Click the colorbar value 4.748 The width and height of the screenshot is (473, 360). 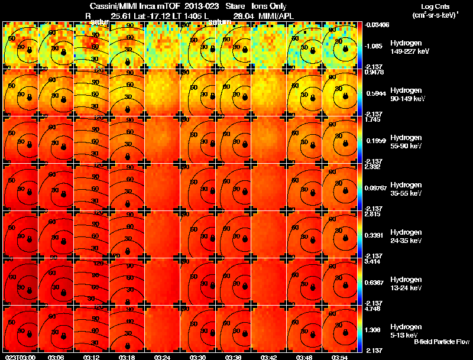[373, 309]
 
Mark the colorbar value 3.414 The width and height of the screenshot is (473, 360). [373, 261]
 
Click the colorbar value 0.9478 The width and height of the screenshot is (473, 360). [374, 73]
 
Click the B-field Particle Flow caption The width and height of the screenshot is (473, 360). [441, 342]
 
